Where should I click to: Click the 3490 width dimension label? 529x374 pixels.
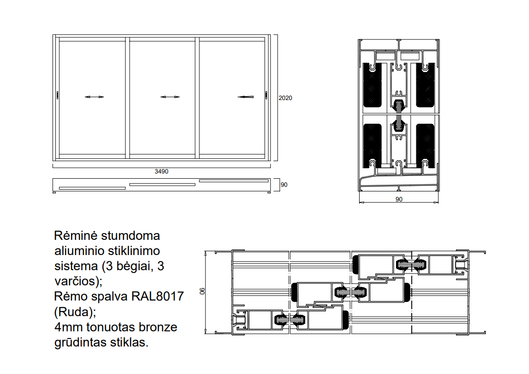pos(162,172)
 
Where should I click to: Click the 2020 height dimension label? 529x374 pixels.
pos(285,98)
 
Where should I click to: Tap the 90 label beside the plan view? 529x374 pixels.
pos(284,185)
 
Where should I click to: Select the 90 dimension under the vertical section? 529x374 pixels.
pos(399,200)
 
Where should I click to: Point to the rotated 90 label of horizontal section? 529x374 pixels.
pos(203,292)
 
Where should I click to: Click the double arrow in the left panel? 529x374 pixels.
pos(94,97)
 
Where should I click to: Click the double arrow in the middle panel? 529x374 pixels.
pos(170,97)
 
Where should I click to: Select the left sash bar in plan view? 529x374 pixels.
pos(92,188)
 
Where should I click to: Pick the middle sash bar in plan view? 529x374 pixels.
pos(162,184)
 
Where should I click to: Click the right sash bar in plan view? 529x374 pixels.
pos(233,181)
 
